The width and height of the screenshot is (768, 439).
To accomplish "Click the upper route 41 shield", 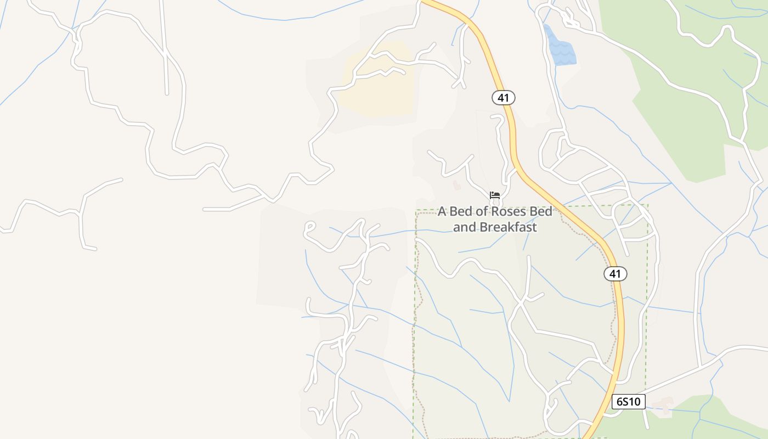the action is tap(504, 98).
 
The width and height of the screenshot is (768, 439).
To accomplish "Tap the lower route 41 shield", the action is tap(615, 273).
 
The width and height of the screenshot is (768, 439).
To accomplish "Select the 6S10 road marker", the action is tap(628, 402).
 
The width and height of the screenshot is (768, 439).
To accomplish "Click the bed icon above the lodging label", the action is tap(495, 195).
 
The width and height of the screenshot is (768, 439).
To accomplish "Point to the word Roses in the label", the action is tap(495, 212).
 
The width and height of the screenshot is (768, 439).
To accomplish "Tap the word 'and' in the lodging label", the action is tap(464, 227).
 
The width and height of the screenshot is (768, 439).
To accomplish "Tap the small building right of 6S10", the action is tap(664, 406).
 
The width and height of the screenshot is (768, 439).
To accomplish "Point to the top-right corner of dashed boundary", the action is tap(648, 206).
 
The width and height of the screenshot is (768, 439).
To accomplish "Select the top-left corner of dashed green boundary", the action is tap(416, 211).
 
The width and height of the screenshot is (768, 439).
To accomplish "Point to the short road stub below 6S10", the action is tap(646, 420).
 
